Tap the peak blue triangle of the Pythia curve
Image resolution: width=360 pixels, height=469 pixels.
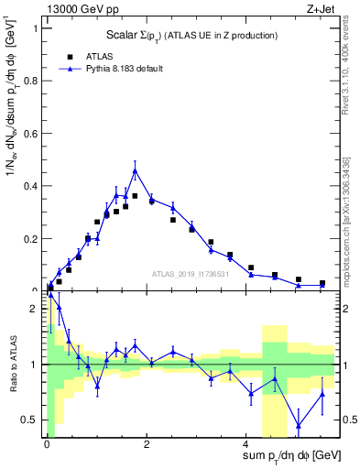click(135, 170)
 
